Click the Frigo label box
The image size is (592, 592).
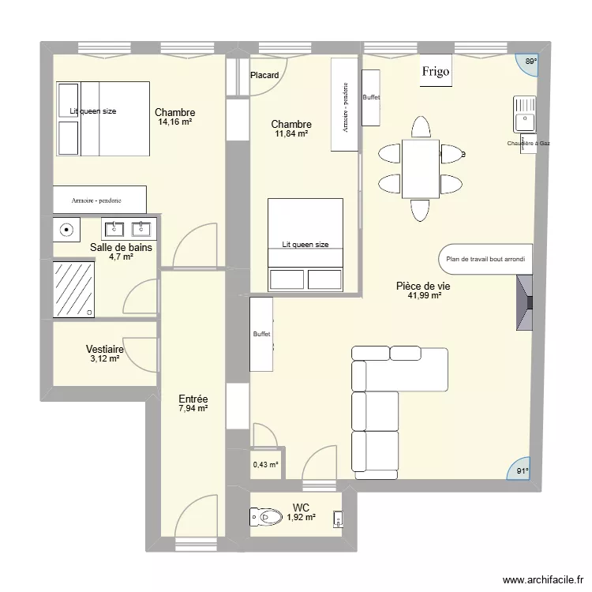(435, 72)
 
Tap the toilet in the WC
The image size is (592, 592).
(266, 517)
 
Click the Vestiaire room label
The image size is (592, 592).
(104, 349)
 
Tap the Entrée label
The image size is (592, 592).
(193, 399)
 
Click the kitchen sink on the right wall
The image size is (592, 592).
(524, 114)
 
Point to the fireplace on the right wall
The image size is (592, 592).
(525, 303)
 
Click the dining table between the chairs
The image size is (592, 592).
(420, 168)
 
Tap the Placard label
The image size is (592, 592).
(264, 76)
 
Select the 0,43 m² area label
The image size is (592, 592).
(265, 465)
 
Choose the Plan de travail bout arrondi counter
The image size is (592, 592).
(484, 258)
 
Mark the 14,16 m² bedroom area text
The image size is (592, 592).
(175, 122)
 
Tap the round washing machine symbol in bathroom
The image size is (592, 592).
(68, 230)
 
